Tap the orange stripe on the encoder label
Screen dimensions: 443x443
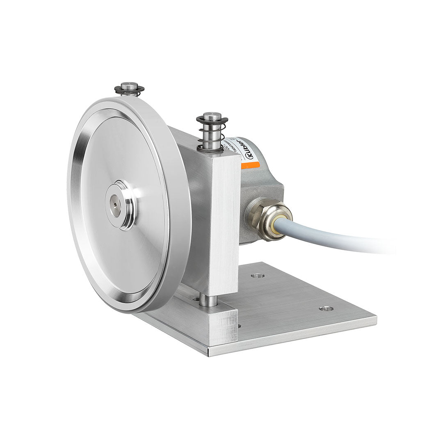250,166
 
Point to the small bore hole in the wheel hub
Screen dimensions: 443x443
114,203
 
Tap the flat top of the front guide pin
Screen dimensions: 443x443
212,116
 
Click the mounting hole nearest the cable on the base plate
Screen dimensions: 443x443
258,276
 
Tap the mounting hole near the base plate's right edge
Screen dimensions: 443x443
326,308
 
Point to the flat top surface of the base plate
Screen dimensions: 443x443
295,312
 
